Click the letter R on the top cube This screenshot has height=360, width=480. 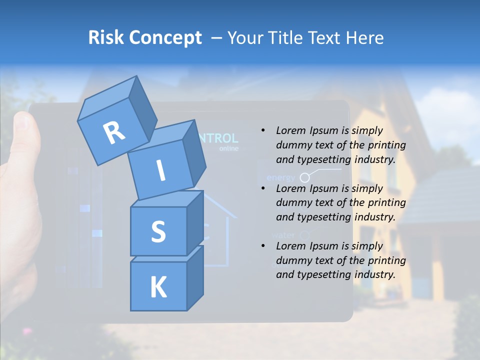click(114, 133)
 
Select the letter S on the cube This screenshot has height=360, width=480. click(158, 231)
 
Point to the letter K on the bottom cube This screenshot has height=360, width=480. click(158, 287)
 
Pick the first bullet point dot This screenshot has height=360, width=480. click(263, 131)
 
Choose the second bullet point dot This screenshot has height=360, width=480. click(263, 189)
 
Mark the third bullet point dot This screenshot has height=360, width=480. click(263, 246)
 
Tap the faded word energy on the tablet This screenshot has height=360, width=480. click(280, 177)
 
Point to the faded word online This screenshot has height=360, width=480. click(228, 148)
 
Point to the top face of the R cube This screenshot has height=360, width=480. click(107, 102)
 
